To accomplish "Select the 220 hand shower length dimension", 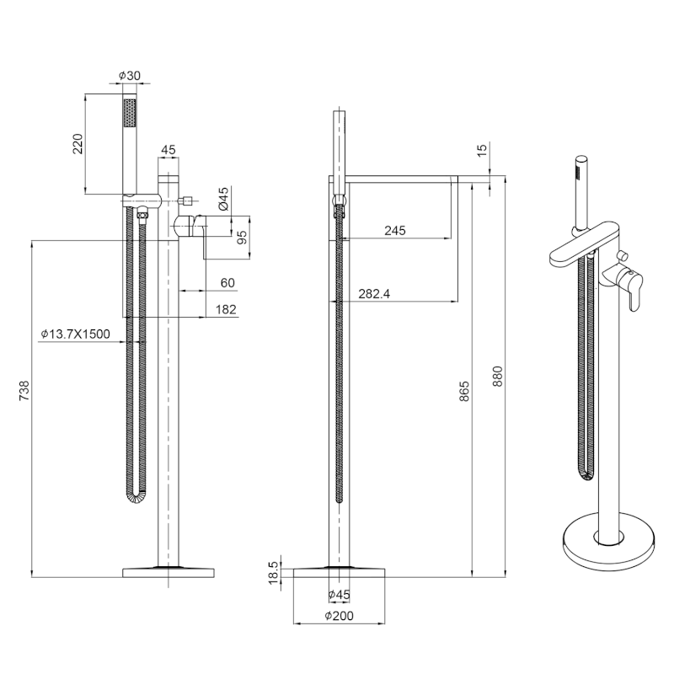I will click(78, 144).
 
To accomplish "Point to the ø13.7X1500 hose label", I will click(75, 334).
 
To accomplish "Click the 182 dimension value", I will click(226, 309).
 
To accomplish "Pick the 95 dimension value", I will click(242, 238).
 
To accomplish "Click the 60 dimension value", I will click(227, 283).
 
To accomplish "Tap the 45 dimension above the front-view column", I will click(168, 150).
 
